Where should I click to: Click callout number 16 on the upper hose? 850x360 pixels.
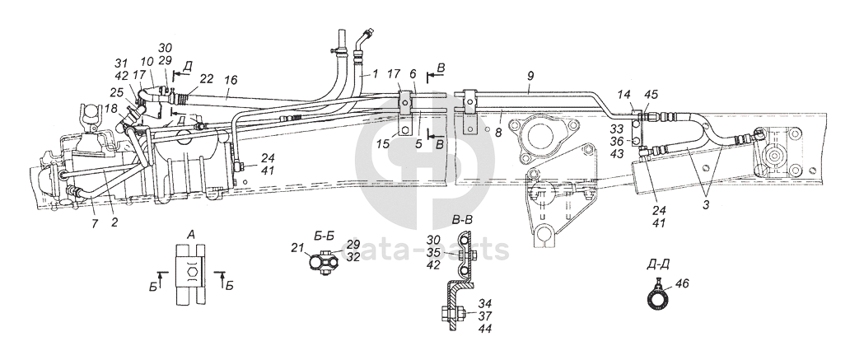(x=231, y=81)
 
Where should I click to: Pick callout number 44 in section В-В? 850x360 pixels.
(x=485, y=328)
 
